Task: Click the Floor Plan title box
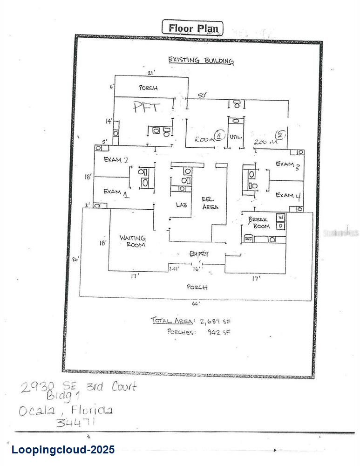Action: (x=192, y=28)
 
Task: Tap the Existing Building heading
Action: (x=201, y=60)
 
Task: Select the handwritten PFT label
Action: (x=147, y=107)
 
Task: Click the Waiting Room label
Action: (x=133, y=241)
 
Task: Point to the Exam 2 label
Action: (x=116, y=160)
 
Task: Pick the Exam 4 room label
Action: (x=285, y=195)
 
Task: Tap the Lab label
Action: (x=182, y=204)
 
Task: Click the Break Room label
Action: (x=259, y=222)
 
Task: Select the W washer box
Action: (x=281, y=217)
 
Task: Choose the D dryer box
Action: (x=281, y=226)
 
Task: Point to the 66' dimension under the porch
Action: (x=196, y=303)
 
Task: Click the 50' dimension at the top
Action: (x=202, y=95)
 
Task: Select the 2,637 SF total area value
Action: (x=215, y=321)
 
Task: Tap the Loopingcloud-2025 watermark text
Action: (x=63, y=450)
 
